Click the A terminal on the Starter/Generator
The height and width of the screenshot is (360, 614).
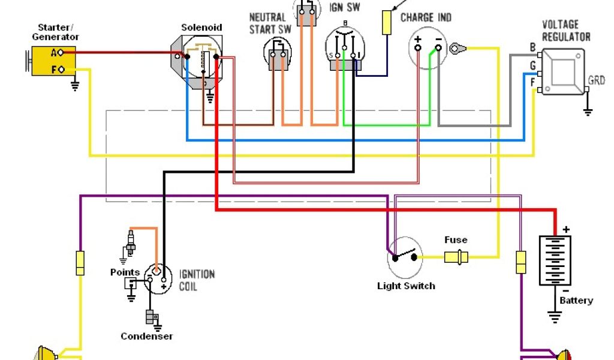point(61,52)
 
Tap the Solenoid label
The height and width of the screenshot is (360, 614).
point(201,28)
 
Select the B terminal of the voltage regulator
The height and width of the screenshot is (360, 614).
point(540,55)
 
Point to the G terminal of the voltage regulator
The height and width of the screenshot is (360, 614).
point(540,73)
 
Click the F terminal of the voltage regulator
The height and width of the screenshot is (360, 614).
point(540,91)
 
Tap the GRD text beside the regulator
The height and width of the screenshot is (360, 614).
point(597,80)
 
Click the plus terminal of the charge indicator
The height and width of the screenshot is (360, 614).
point(418,48)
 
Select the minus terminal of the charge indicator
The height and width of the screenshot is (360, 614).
point(438,48)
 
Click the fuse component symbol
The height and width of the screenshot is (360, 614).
point(456,257)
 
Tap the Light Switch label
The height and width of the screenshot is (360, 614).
point(406,286)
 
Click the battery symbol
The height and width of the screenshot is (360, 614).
point(555,260)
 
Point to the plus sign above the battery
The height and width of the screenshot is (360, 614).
point(566,229)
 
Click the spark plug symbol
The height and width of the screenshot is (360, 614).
point(130,243)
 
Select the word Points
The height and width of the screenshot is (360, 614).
point(125,272)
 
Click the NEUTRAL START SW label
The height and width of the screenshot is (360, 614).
point(270,23)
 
